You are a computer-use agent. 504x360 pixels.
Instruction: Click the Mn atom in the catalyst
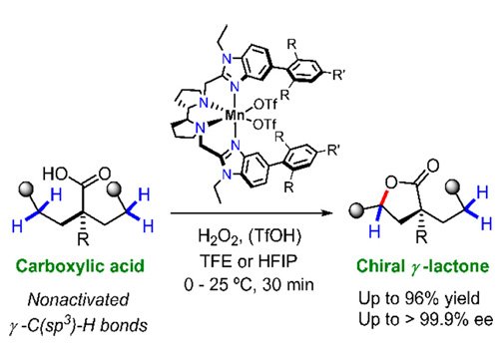[x=235, y=116]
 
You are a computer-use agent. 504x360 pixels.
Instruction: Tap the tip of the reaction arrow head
[x=333, y=213]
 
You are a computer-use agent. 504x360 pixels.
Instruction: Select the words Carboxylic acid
[x=80, y=266]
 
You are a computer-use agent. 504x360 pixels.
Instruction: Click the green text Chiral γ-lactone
[x=423, y=266]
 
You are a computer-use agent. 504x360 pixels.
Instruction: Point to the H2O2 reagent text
[x=219, y=237]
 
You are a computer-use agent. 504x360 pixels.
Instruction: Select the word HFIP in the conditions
[x=277, y=261]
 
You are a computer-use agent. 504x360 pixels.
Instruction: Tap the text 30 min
[x=288, y=285]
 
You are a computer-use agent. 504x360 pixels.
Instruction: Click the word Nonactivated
[x=79, y=299]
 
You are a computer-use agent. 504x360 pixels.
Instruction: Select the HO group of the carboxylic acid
[x=55, y=174]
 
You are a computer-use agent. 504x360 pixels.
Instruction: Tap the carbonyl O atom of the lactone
[x=432, y=166]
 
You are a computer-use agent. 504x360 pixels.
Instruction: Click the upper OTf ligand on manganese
[x=265, y=105]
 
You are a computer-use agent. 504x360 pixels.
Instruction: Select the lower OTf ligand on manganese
[x=264, y=125]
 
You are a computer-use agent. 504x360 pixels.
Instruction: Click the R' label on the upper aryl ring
[x=337, y=75]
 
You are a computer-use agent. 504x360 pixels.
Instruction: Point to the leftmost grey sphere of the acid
[x=26, y=188]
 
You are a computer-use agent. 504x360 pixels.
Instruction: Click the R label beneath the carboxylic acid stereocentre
[x=84, y=238]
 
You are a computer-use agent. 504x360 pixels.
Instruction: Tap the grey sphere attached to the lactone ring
[x=356, y=209]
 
